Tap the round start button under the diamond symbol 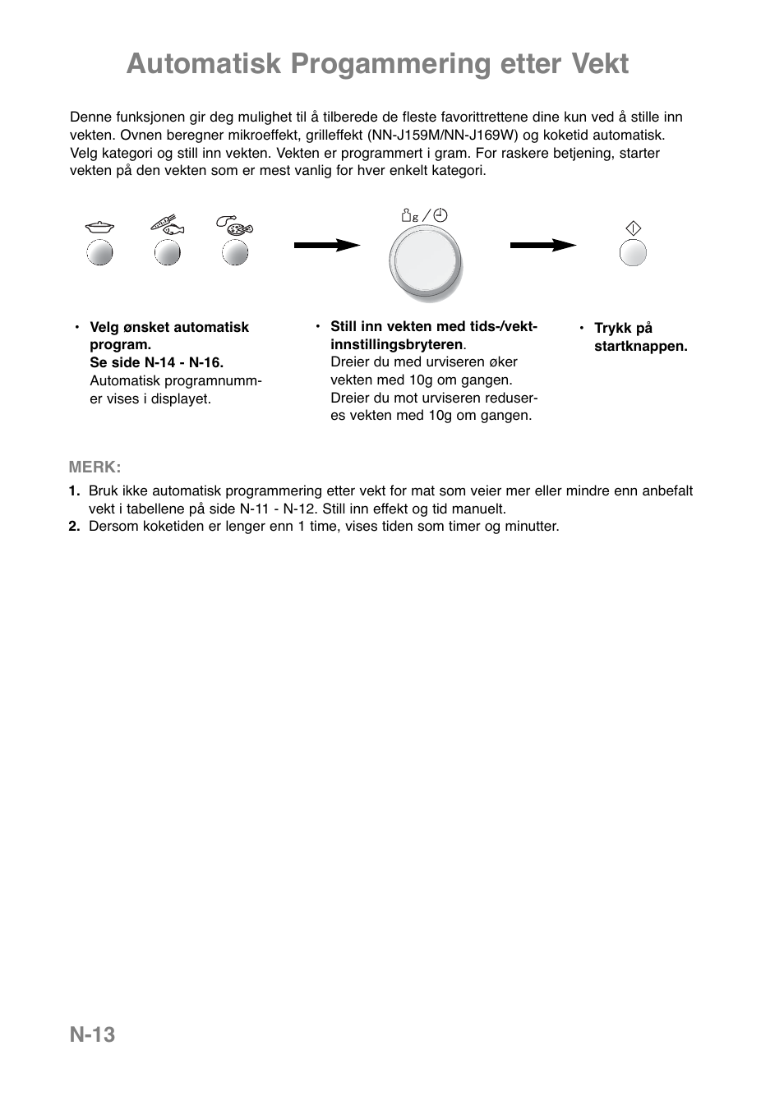pyautogui.click(x=633, y=253)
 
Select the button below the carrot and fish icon pyautogui.click(x=168, y=253)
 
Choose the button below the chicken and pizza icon pyautogui.click(x=236, y=253)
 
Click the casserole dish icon pyautogui.click(x=99, y=227)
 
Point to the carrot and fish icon pyautogui.click(x=168, y=224)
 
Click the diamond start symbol pyautogui.click(x=633, y=229)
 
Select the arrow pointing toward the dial pyautogui.click(x=327, y=245)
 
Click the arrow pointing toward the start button pyautogui.click(x=543, y=245)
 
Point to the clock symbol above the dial pyautogui.click(x=440, y=216)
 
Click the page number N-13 pyautogui.click(x=92, y=1034)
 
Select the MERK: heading pyautogui.click(x=95, y=467)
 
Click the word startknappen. pyautogui.click(x=640, y=346)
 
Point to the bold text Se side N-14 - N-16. pyautogui.click(x=156, y=362)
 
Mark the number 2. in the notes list pyautogui.click(x=74, y=526)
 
